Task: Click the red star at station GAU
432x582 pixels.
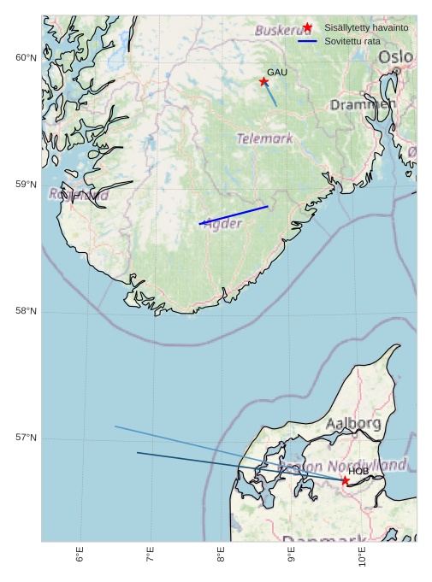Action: pos(263,81)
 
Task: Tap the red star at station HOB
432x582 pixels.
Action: pos(346,480)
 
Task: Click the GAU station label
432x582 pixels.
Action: pos(277,73)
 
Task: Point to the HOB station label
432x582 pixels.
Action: pos(358,471)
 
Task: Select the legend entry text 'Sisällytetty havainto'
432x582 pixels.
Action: pos(366,27)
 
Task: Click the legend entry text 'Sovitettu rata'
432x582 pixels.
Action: pos(352,41)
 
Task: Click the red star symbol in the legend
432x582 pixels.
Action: pos(307,27)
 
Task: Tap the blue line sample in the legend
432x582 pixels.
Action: pos(307,41)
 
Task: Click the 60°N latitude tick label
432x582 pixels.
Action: pos(26,57)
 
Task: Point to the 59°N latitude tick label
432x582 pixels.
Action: pos(26,185)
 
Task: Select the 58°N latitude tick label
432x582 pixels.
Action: pos(26,311)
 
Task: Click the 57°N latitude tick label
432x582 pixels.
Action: pos(26,438)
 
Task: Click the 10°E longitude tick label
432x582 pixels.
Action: pos(363,558)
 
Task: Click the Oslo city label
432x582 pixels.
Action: pos(395,56)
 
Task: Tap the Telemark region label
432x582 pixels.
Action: pos(264,138)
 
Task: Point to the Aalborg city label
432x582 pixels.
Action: pos(353,423)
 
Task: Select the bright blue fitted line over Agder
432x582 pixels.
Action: pos(234,215)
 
